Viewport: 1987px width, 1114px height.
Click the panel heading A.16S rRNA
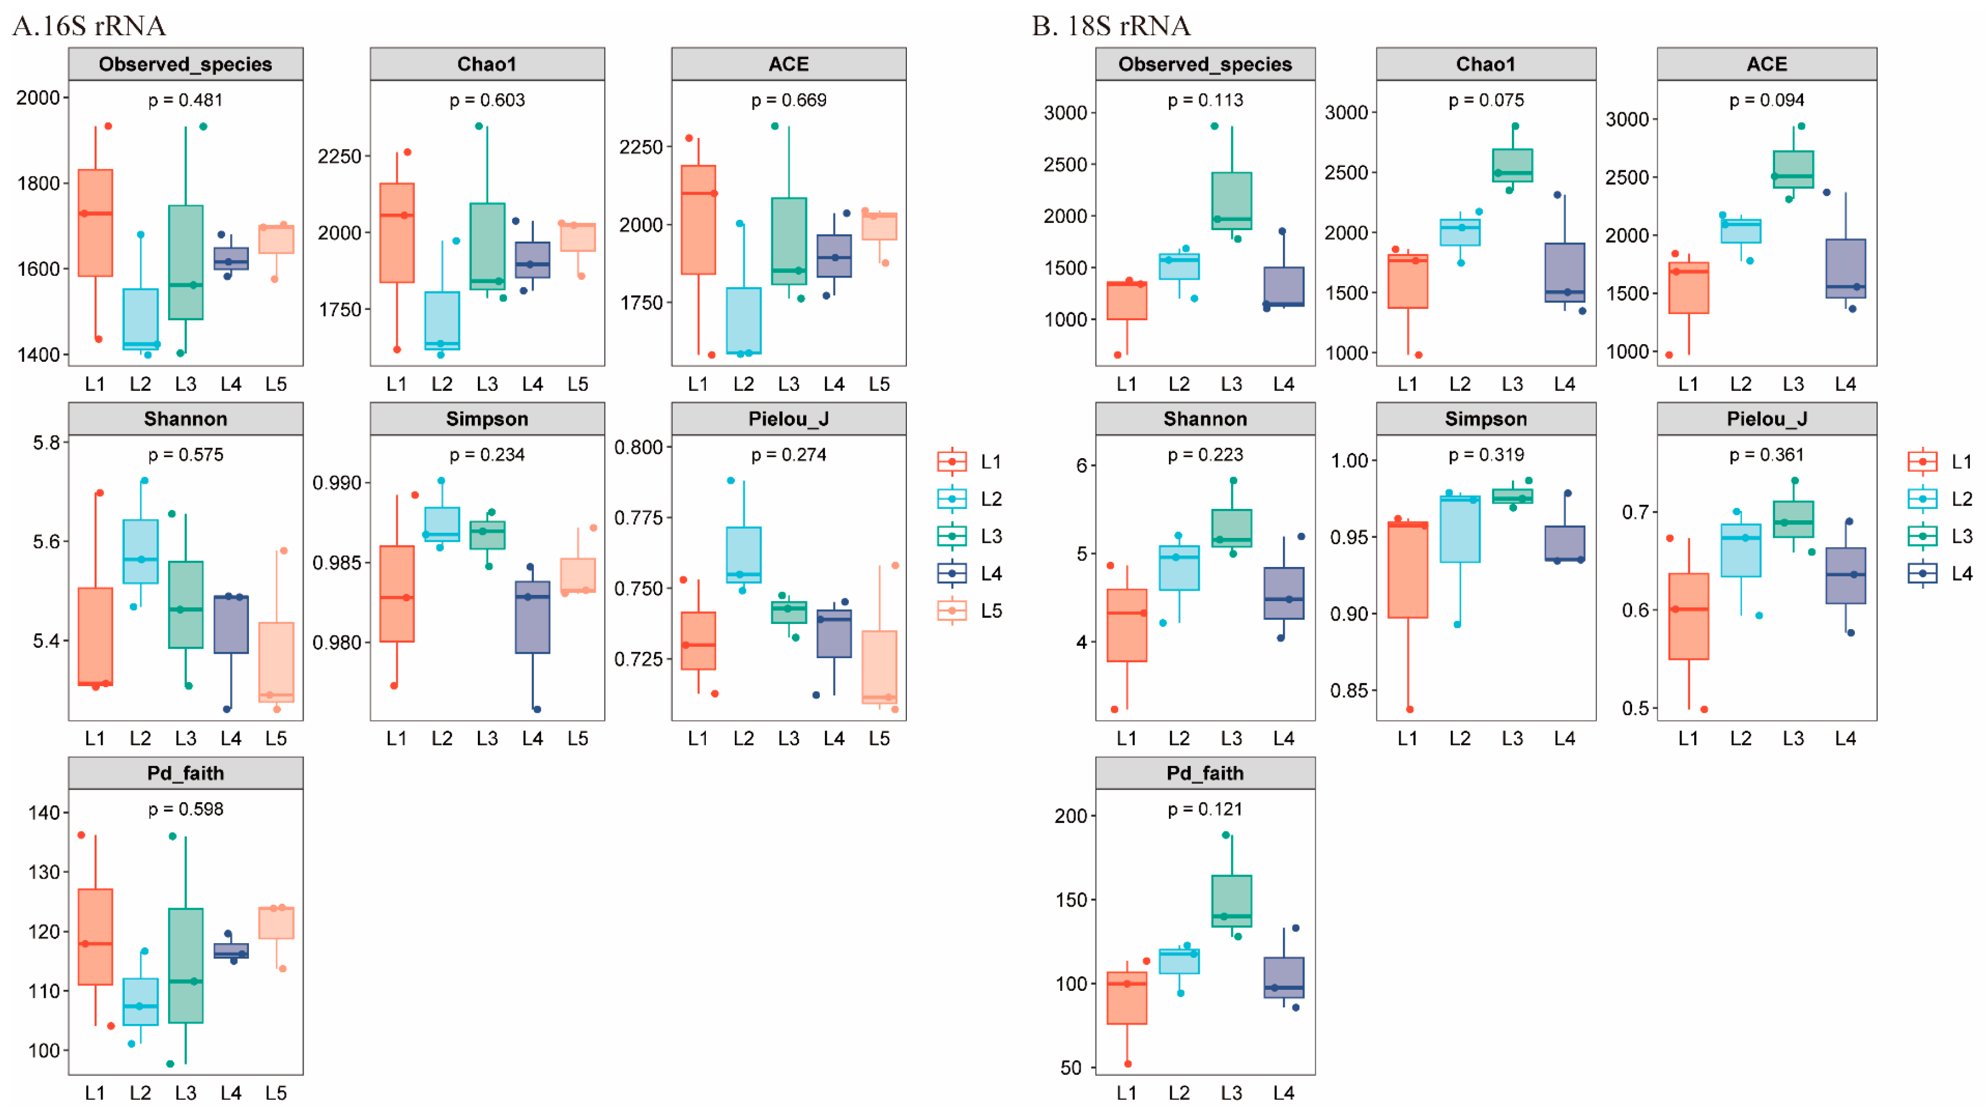[89, 26]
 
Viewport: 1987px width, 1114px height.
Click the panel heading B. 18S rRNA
[1111, 26]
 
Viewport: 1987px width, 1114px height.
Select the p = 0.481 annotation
[185, 100]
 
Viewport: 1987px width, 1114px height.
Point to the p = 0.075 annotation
[1486, 100]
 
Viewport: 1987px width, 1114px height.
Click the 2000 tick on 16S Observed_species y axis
[39, 98]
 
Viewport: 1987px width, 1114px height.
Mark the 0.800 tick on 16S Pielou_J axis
[638, 447]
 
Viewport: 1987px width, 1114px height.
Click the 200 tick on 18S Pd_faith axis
[1070, 816]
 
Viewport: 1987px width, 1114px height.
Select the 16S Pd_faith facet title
[185, 773]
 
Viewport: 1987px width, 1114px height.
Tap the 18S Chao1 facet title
[1486, 64]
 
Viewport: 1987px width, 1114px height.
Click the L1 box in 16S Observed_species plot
[96, 222]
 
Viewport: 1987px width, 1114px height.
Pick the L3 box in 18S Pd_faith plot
[1231, 900]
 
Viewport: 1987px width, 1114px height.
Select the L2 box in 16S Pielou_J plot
[743, 554]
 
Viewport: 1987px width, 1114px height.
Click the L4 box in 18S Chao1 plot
[1564, 272]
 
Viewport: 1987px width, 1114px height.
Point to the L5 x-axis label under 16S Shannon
[276, 739]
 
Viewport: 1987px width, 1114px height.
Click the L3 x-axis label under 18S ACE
[1793, 384]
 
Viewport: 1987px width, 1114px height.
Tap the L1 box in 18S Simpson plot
[1407, 570]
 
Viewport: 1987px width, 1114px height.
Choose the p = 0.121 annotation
[1205, 809]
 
